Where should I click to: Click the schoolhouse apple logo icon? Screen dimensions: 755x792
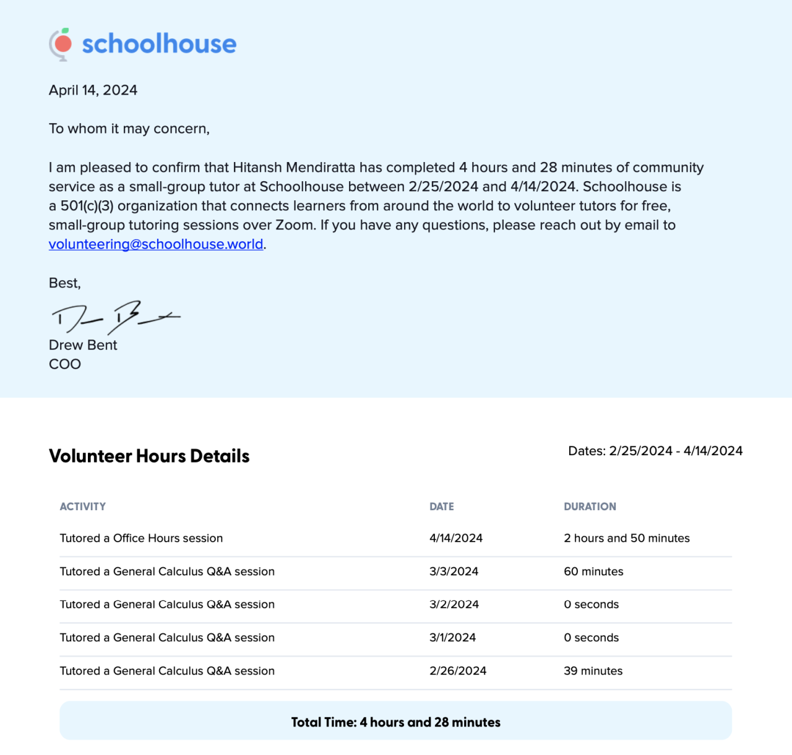(x=61, y=44)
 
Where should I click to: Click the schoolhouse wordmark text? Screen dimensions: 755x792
(x=159, y=44)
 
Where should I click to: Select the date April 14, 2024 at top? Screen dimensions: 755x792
(x=93, y=90)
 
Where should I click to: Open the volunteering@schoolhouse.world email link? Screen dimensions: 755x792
(x=156, y=244)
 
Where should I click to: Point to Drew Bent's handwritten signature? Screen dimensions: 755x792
(x=114, y=317)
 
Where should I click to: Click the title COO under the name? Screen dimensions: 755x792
(x=65, y=364)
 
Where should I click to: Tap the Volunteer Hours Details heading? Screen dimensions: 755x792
(x=149, y=456)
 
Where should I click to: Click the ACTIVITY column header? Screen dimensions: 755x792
(x=83, y=506)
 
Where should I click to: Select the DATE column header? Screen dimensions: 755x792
(x=442, y=506)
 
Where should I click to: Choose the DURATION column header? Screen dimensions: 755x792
(x=590, y=506)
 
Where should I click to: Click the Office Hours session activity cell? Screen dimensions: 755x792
(x=141, y=539)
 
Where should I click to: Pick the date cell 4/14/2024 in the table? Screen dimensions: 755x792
(x=456, y=539)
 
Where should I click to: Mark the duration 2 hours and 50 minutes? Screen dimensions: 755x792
(x=627, y=539)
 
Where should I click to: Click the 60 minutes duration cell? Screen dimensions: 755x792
(x=593, y=572)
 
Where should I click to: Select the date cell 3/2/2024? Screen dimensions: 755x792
(x=454, y=605)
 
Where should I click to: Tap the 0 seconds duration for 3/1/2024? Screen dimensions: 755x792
(x=591, y=638)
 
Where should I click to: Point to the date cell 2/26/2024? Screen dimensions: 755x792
(x=458, y=671)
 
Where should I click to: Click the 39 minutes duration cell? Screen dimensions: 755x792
(x=593, y=671)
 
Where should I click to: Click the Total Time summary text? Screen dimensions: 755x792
(x=396, y=722)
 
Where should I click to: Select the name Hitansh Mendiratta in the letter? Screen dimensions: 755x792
(x=294, y=168)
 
